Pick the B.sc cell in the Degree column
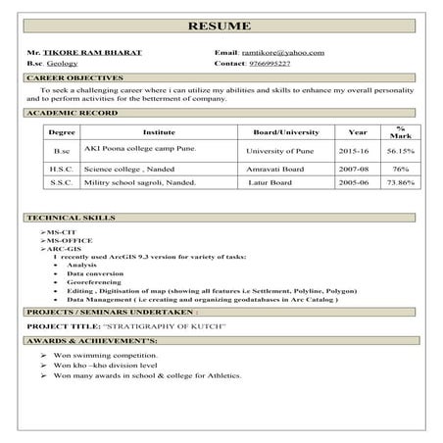[x=62, y=152]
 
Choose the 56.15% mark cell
[x=400, y=152]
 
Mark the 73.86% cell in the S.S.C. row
[x=400, y=182]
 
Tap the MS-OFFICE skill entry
[x=69, y=240]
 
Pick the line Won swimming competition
[x=107, y=355]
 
